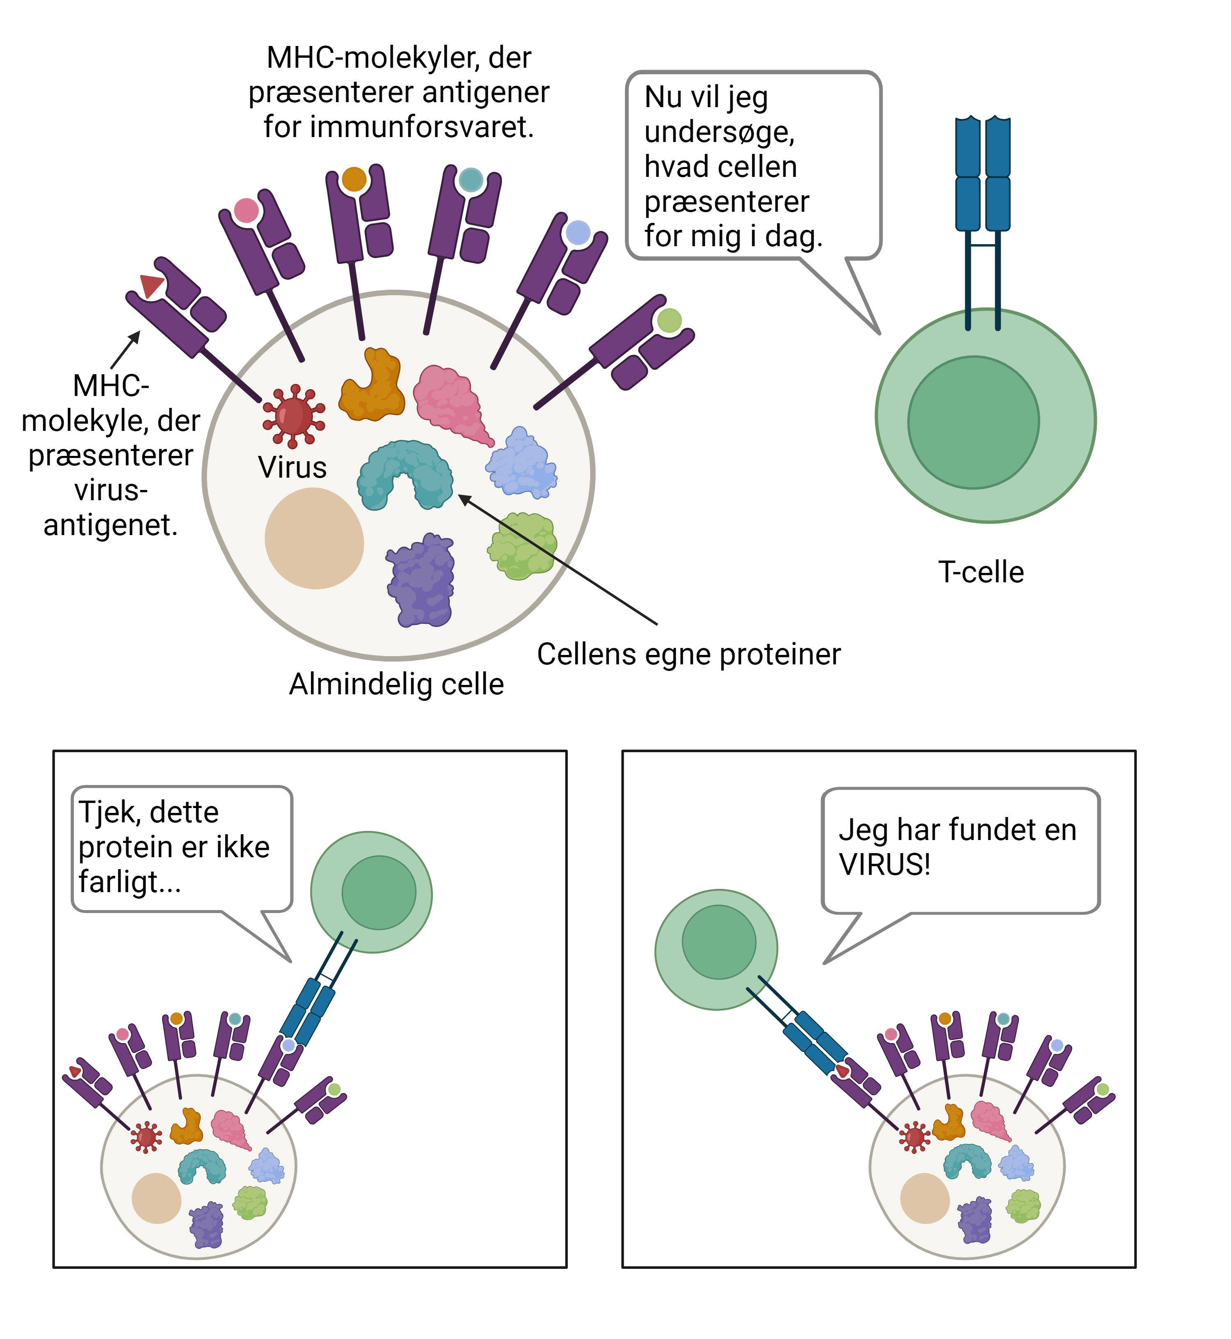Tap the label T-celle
click(x=981, y=572)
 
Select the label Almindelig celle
click(x=396, y=684)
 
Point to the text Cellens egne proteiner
click(x=689, y=654)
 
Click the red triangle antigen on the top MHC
click(x=151, y=285)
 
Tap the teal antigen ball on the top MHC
click(x=471, y=180)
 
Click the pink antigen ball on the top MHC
click(x=246, y=211)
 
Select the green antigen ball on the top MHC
click(x=669, y=320)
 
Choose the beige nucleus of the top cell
click(x=314, y=538)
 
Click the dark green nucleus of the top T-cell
click(x=973, y=422)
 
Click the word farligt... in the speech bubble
click(x=129, y=882)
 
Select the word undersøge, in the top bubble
click(x=719, y=132)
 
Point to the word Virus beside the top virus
click(x=293, y=468)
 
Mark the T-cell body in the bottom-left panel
click(x=371, y=892)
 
